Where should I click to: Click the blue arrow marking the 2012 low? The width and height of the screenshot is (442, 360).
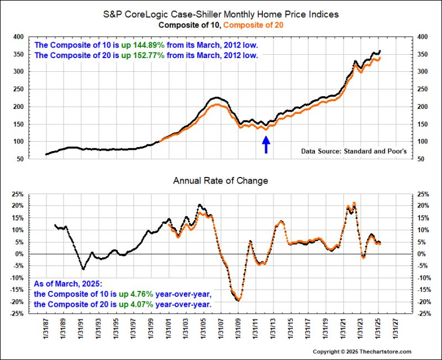click(x=266, y=144)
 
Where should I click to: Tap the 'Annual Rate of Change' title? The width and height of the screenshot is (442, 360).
click(x=220, y=180)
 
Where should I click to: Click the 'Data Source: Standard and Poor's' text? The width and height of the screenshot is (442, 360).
click(x=349, y=150)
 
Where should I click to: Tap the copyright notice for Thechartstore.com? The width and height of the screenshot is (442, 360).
click(x=362, y=352)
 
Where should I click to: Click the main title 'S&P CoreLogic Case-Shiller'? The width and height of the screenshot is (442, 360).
click(x=220, y=14)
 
